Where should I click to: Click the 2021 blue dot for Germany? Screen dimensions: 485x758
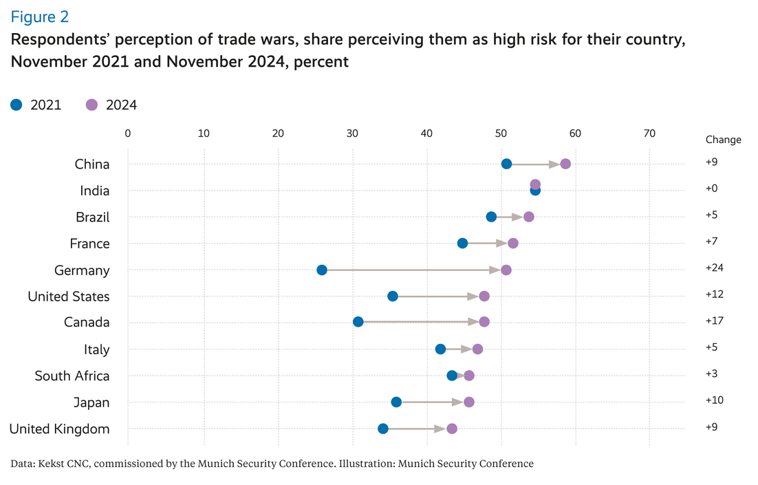click(x=322, y=270)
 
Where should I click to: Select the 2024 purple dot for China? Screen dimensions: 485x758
click(x=565, y=164)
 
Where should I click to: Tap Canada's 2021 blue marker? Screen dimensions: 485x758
click(x=358, y=322)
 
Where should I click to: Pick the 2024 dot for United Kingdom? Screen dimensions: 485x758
click(x=452, y=429)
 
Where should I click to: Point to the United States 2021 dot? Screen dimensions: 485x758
click(x=393, y=296)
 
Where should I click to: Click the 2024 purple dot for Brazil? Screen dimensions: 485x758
click(x=528, y=217)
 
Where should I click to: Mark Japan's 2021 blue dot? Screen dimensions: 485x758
click(x=396, y=402)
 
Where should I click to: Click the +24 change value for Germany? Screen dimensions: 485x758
click(x=715, y=268)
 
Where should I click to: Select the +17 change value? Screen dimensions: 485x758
click(x=715, y=321)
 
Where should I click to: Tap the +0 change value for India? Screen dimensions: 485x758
click(x=713, y=188)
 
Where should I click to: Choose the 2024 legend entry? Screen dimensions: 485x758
click(x=111, y=105)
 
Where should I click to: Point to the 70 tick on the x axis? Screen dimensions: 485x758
click(x=649, y=133)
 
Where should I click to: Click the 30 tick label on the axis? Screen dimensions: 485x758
click(x=352, y=133)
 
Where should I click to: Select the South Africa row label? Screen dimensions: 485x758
click(x=72, y=376)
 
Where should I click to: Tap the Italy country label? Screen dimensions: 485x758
click(x=97, y=349)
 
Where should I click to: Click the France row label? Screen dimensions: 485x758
click(x=90, y=244)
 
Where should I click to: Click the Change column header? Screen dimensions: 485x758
click(x=723, y=140)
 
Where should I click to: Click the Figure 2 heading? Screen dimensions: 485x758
click(x=40, y=17)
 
